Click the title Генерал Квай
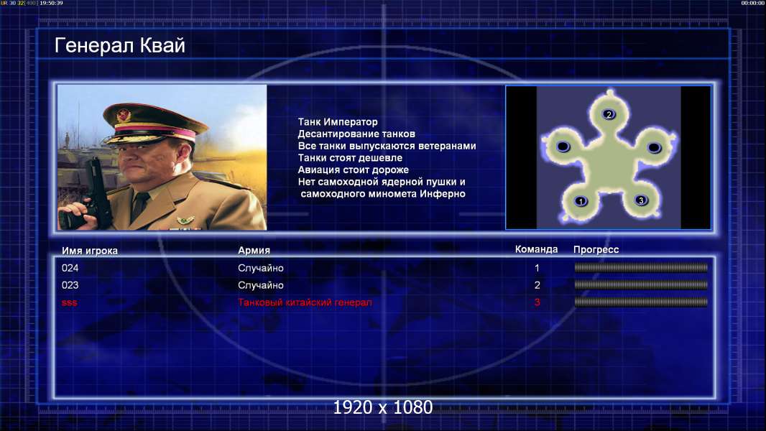click(x=120, y=45)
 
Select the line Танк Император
click(x=338, y=122)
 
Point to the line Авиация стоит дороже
click(x=354, y=170)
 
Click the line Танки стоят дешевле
click(x=350, y=157)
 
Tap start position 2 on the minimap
click(x=609, y=115)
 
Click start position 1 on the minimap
click(x=581, y=200)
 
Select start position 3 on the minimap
click(x=641, y=200)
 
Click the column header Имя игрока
click(x=89, y=251)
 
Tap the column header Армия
click(x=254, y=251)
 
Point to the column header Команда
click(x=536, y=249)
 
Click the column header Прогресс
click(x=596, y=250)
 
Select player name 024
click(x=70, y=268)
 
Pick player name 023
click(x=70, y=285)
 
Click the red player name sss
click(x=70, y=302)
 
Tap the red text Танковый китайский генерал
click(x=305, y=302)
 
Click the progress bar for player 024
click(x=641, y=267)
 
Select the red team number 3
click(x=537, y=302)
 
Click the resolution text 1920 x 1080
click(x=383, y=407)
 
